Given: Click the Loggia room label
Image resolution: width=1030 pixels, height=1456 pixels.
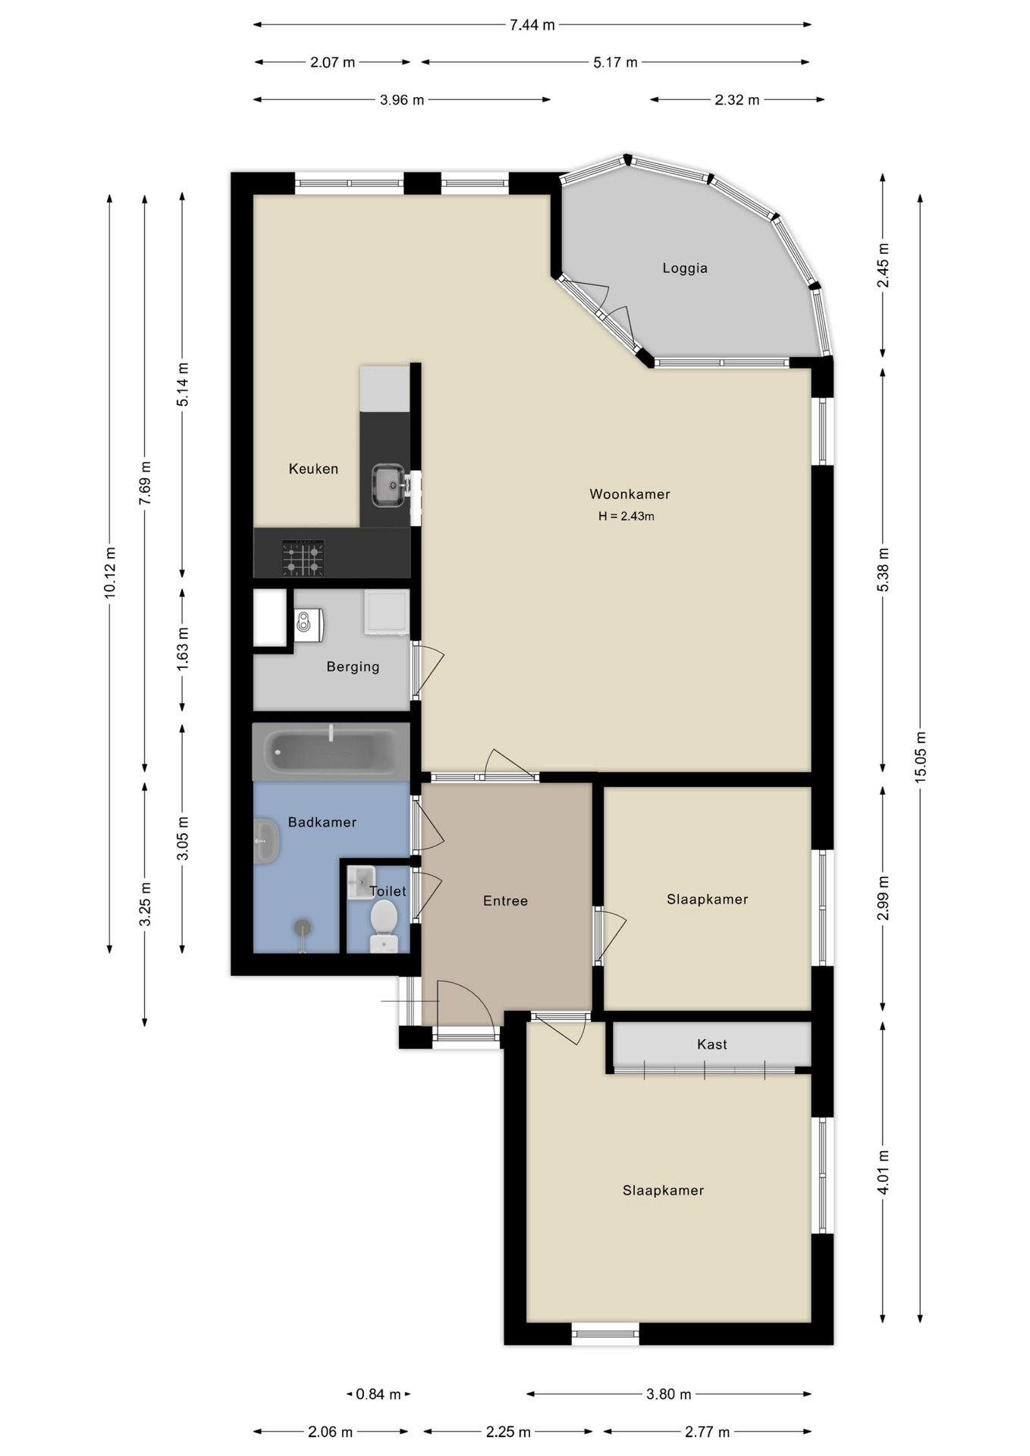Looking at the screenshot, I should [x=684, y=268].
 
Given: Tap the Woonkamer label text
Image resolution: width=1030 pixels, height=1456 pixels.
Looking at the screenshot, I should [x=630, y=494].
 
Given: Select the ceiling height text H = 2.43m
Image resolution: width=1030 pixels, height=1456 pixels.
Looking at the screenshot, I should [x=626, y=516].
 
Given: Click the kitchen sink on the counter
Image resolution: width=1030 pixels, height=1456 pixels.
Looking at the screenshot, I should [x=388, y=485].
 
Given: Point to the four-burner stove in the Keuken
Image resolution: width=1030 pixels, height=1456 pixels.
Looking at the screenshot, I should [x=303, y=557].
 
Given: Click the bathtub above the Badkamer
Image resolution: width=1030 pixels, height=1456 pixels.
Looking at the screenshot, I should [x=331, y=752].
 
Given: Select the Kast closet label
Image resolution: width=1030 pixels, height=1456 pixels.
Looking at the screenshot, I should [x=711, y=1044].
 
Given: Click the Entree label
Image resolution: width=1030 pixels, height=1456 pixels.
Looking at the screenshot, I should [x=505, y=901].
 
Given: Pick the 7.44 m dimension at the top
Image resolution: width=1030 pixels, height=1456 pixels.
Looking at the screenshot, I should [x=532, y=25].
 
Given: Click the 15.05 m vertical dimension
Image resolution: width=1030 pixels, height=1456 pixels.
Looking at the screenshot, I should [x=920, y=757].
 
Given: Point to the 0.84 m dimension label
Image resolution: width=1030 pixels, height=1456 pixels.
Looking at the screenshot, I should [x=378, y=1394].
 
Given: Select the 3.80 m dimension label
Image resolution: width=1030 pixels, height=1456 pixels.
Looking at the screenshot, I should [x=668, y=1394].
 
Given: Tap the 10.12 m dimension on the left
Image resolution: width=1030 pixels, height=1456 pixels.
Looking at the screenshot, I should [x=110, y=573].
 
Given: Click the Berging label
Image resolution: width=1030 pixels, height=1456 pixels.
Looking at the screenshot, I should [x=353, y=667].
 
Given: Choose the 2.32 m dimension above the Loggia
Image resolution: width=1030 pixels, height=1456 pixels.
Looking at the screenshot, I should [x=736, y=100].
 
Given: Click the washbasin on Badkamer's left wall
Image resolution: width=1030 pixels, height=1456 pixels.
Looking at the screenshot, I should [x=265, y=840].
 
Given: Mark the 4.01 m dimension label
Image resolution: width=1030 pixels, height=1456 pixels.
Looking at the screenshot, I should [x=883, y=1172].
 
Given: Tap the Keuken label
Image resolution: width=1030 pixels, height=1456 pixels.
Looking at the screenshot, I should [x=313, y=469].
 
